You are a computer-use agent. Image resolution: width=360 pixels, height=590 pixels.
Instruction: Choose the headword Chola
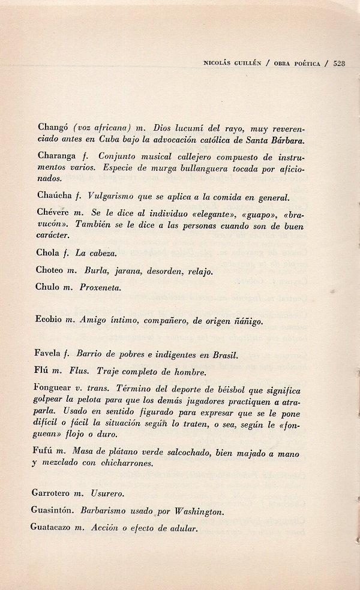pos(48,254)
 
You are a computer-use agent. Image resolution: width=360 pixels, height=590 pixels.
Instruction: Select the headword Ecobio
pos(50,321)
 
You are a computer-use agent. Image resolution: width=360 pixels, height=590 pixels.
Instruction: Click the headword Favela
pos(51,355)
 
